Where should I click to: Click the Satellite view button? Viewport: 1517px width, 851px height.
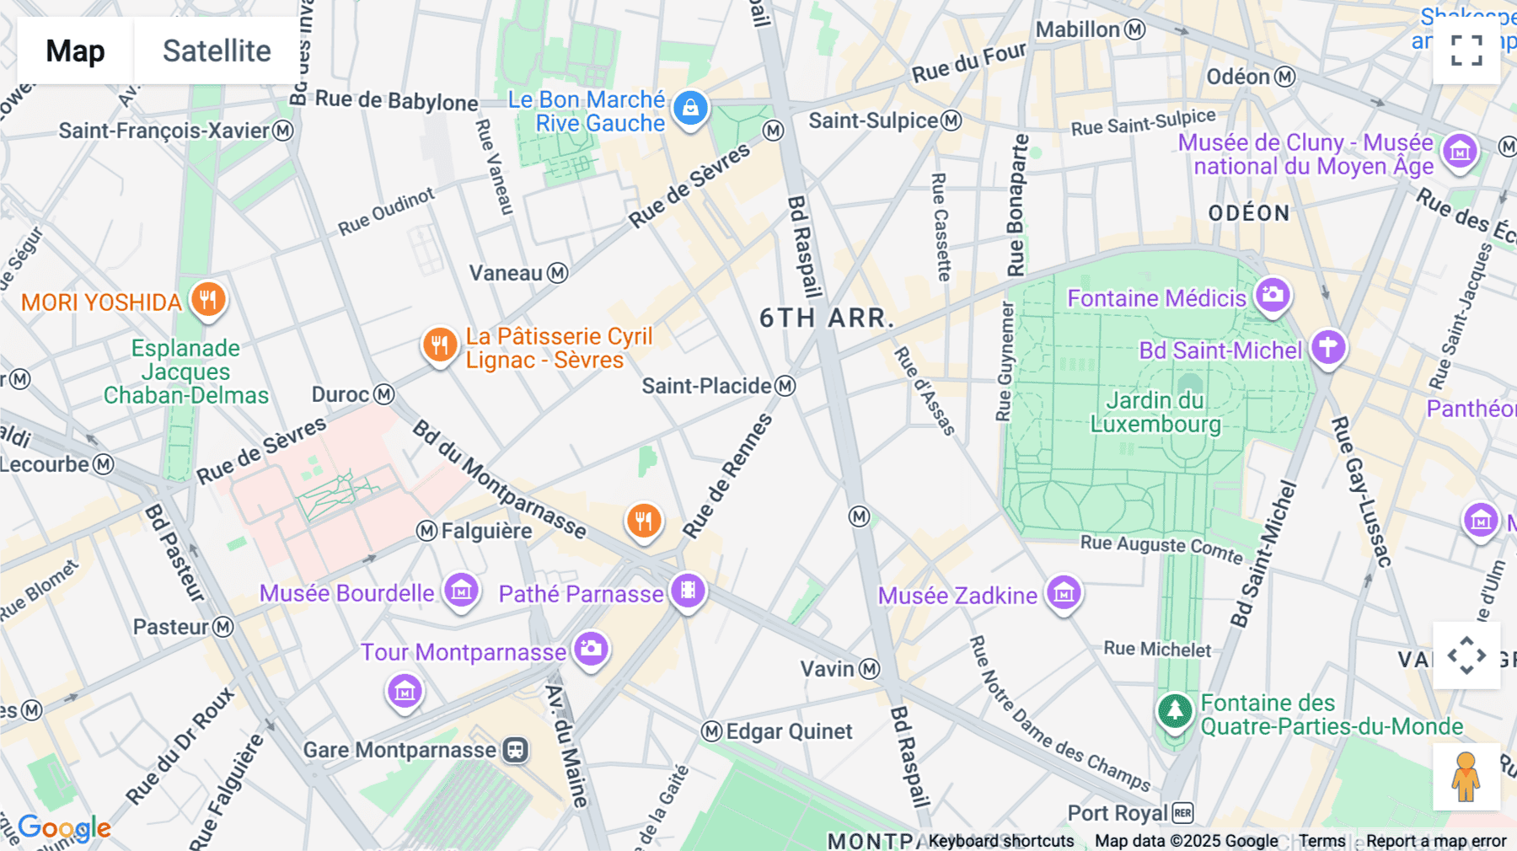217,51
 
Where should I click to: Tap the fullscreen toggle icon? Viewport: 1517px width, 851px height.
1466,51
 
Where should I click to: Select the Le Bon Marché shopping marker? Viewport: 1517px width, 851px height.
690,108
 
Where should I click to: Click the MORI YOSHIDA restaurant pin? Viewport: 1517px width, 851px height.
207,299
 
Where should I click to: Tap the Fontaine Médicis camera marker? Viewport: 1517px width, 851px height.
1273,295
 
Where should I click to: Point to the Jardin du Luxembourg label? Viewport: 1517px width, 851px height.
1155,412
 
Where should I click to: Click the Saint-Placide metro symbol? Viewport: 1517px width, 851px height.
785,386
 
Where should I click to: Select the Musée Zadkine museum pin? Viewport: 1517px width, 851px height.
1064,593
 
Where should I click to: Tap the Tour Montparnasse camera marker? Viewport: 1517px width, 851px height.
591,649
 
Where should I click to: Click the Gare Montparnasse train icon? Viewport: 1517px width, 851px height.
516,750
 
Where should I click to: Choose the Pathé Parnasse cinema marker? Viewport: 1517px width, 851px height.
688,591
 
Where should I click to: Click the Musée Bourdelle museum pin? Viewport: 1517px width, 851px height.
461,591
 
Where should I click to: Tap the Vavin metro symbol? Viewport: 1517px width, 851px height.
870,669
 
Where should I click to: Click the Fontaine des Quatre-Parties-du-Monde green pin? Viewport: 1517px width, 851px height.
1175,711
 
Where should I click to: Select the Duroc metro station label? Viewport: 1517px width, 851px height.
341,394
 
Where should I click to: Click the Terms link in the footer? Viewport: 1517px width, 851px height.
1321,841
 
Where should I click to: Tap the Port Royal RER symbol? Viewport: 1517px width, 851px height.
1182,813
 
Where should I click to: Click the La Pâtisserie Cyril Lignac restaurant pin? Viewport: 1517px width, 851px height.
439,345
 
